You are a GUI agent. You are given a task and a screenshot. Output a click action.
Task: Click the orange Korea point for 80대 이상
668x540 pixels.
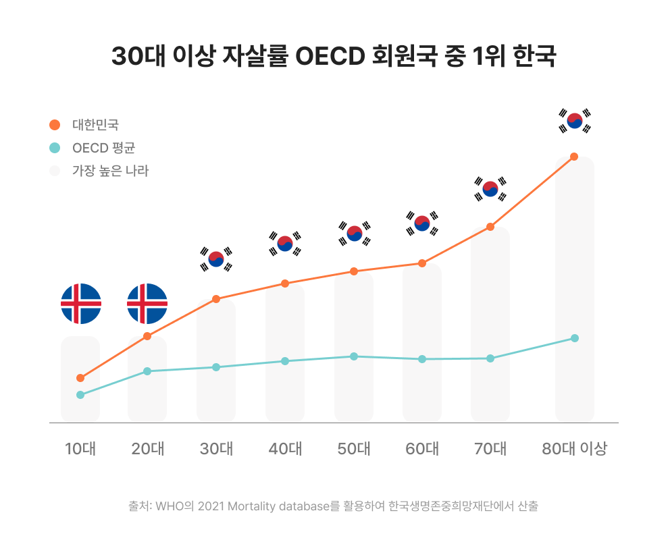tap(574, 157)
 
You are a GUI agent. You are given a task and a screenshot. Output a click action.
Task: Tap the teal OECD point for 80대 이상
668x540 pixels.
tap(575, 338)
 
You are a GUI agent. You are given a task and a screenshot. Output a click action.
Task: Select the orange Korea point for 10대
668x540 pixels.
tap(80, 378)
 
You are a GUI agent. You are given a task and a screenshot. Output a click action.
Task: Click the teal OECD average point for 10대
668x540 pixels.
tap(80, 395)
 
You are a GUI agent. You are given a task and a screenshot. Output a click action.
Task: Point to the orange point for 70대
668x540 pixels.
tap(490, 227)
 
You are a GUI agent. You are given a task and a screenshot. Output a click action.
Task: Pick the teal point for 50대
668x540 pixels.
tap(354, 356)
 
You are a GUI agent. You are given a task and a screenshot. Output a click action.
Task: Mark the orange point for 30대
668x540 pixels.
tap(216, 299)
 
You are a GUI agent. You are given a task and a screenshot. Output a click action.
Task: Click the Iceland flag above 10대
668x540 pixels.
tap(81, 304)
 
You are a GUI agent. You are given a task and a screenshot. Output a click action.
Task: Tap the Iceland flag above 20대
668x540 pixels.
tap(147, 304)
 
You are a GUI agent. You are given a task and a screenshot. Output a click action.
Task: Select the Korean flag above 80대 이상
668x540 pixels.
tap(575, 121)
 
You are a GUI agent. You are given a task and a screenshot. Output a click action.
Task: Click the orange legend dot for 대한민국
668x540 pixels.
tap(55, 125)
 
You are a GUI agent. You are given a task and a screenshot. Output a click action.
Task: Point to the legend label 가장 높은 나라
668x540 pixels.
tap(110, 171)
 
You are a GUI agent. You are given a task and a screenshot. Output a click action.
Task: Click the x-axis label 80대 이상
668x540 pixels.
tap(575, 449)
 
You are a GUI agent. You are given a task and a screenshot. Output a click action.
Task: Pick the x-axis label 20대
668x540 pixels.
tap(148, 449)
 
